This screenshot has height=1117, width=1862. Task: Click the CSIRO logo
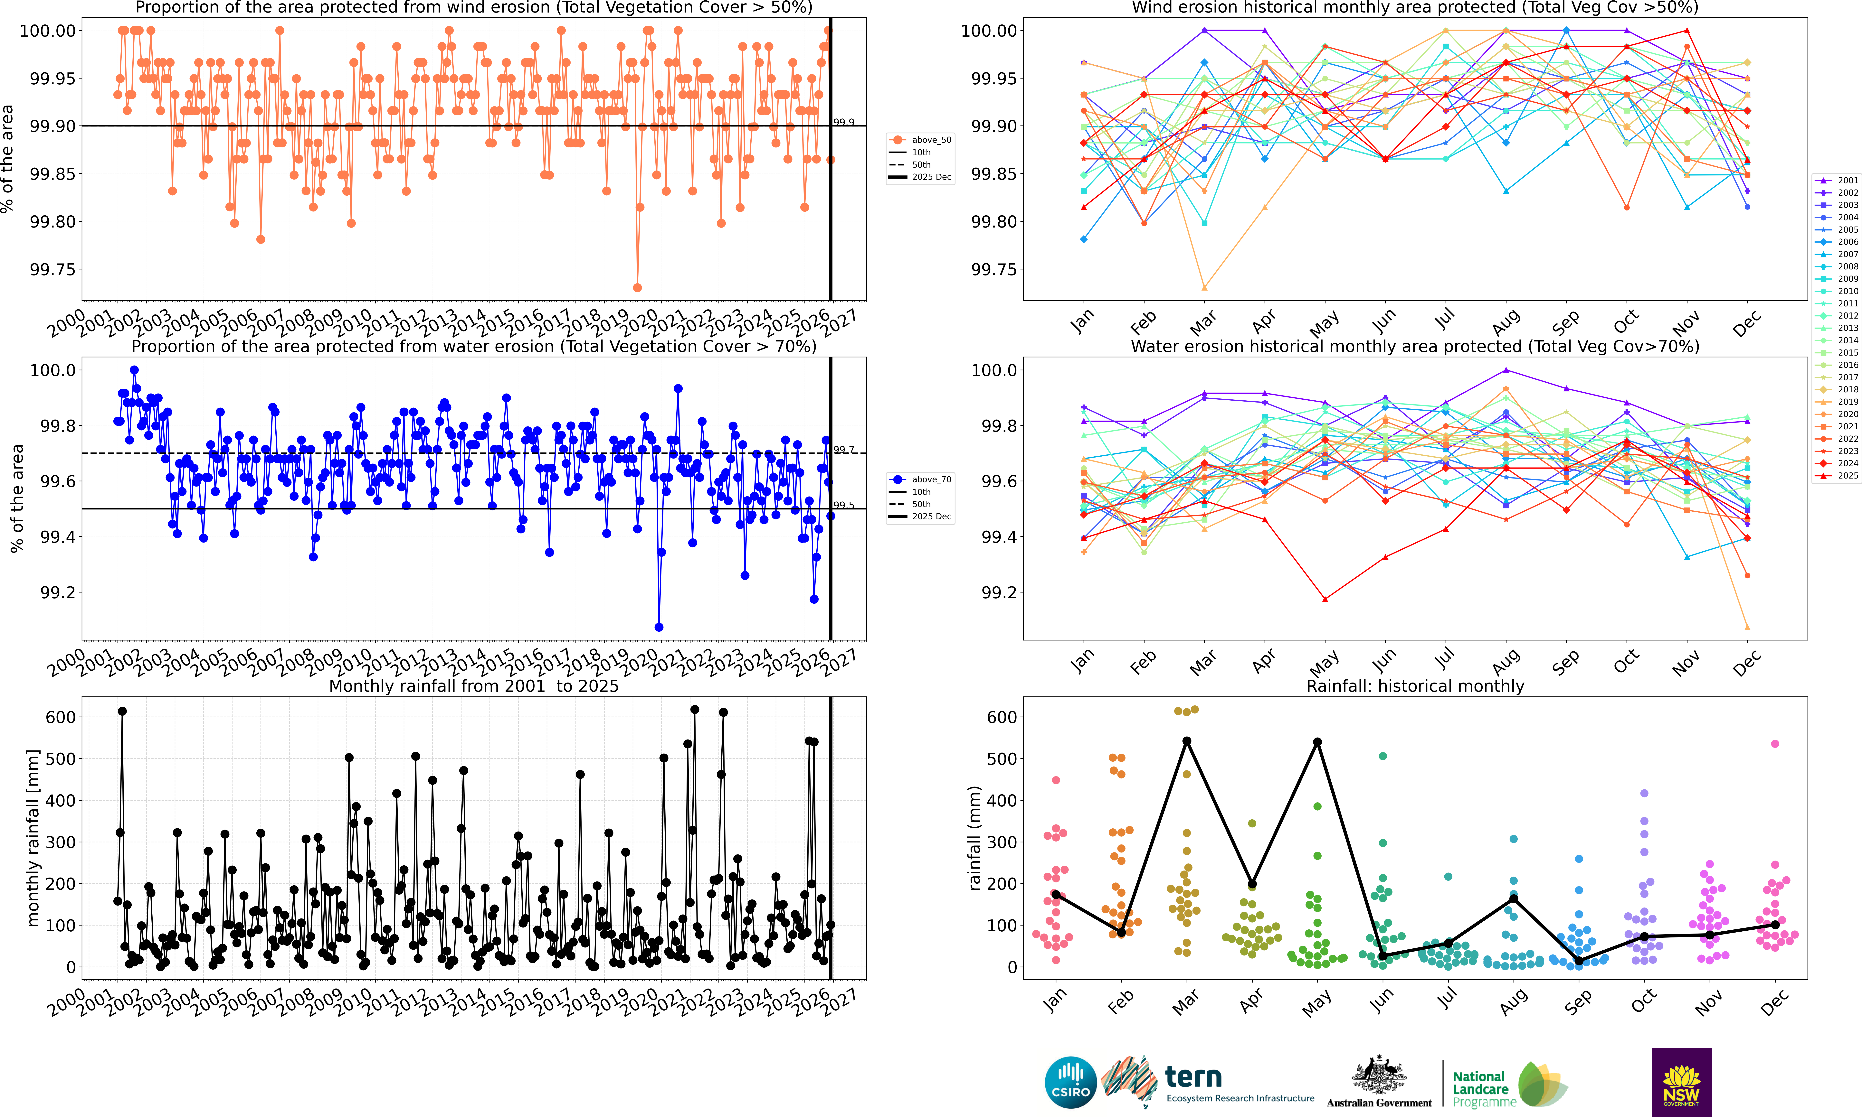coord(1070,1083)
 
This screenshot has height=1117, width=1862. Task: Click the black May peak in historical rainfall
coord(1318,742)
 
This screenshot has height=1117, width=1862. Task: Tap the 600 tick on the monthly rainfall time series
coord(60,717)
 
